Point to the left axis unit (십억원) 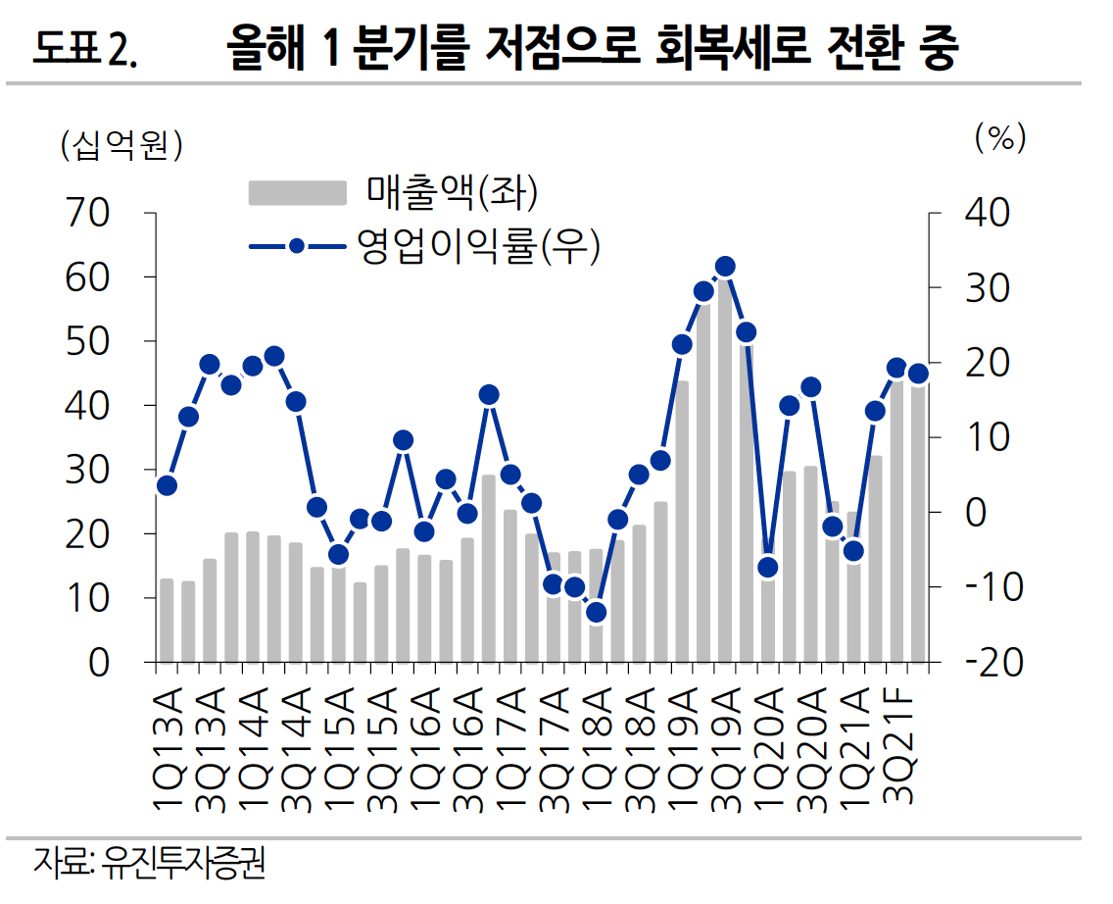pyautogui.click(x=122, y=145)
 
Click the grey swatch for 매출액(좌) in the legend pyautogui.click(x=297, y=192)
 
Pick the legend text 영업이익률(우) pyautogui.click(x=478, y=244)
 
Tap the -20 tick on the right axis pyautogui.click(x=993, y=663)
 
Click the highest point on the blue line pyautogui.click(x=725, y=267)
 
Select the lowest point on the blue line pyautogui.click(x=597, y=613)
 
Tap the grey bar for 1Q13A pyautogui.click(x=167, y=620)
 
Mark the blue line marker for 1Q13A pyautogui.click(x=167, y=485)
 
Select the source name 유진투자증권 pyautogui.click(x=184, y=865)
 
